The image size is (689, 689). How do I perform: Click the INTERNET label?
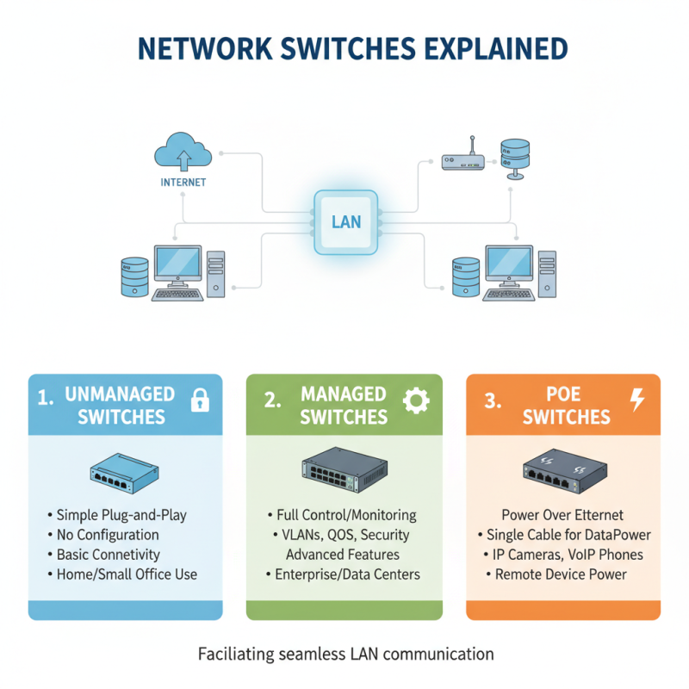click(183, 183)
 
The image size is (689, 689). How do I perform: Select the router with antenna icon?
click(462, 161)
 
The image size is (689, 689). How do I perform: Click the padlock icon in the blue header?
click(200, 399)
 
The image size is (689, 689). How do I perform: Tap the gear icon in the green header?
click(417, 399)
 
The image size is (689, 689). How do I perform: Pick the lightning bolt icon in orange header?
click(637, 399)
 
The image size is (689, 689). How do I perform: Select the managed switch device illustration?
click(344, 469)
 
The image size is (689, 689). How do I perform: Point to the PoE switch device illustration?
click(564, 470)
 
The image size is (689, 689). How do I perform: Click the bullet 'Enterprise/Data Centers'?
click(343, 574)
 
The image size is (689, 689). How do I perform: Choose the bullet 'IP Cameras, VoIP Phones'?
click(564, 555)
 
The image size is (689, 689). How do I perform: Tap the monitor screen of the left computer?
click(177, 264)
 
